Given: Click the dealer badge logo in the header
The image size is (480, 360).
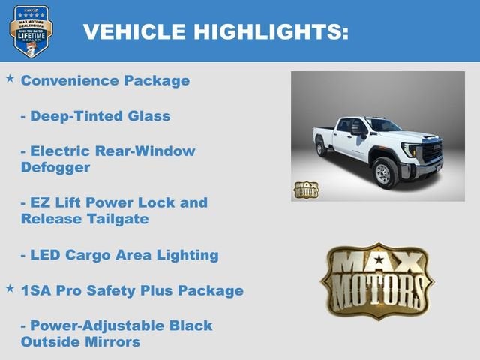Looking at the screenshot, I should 31,31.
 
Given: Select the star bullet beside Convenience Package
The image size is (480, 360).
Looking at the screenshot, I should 10,78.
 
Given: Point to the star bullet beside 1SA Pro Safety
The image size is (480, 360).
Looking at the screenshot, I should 10,288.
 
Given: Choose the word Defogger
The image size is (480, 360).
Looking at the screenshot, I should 55,167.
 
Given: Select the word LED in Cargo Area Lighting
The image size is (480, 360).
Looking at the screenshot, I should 46,255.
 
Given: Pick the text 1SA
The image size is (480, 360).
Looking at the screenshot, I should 37,290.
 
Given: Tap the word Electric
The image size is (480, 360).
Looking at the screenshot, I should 63,151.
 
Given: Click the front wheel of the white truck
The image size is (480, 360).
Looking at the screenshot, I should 385,172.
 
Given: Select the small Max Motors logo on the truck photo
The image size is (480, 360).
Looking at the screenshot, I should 305,190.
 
